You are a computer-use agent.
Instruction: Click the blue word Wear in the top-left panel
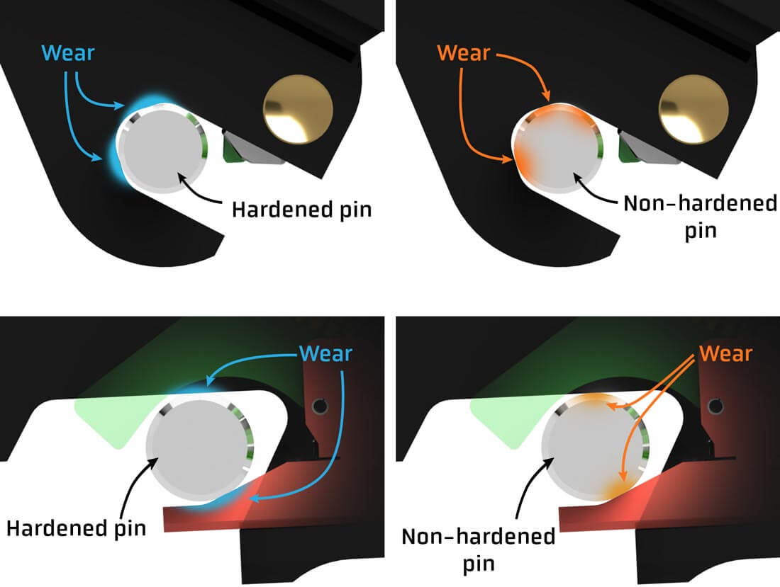coord(69,53)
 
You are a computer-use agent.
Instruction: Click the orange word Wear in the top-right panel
coord(464,53)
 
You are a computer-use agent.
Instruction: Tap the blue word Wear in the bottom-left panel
coord(325,352)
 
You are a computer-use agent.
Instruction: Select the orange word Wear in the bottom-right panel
coord(725,352)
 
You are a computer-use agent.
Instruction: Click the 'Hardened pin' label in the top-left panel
coord(301,210)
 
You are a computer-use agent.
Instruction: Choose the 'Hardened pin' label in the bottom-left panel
coord(76,528)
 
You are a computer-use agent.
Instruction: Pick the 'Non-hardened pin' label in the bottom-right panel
coord(478,549)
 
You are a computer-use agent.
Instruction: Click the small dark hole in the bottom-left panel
coord(319,405)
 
